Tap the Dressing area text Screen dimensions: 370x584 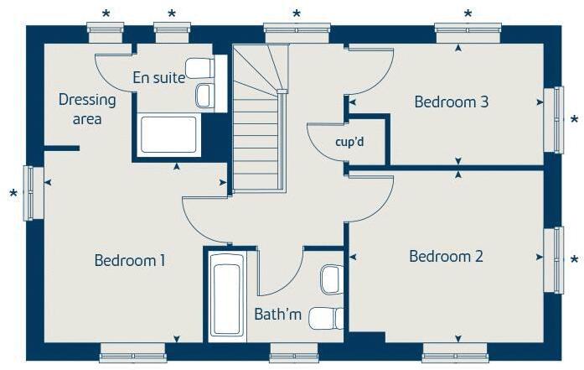(87, 109)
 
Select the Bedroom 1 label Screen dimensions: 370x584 (129, 260)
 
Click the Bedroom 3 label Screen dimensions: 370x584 (452, 102)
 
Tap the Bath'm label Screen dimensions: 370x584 (277, 315)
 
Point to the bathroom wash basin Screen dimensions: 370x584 (332, 278)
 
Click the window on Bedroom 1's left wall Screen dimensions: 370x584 (33, 192)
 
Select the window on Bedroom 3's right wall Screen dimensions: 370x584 (554, 119)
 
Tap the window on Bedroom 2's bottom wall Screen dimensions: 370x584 (455, 352)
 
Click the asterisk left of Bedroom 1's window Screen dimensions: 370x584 (13, 195)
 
